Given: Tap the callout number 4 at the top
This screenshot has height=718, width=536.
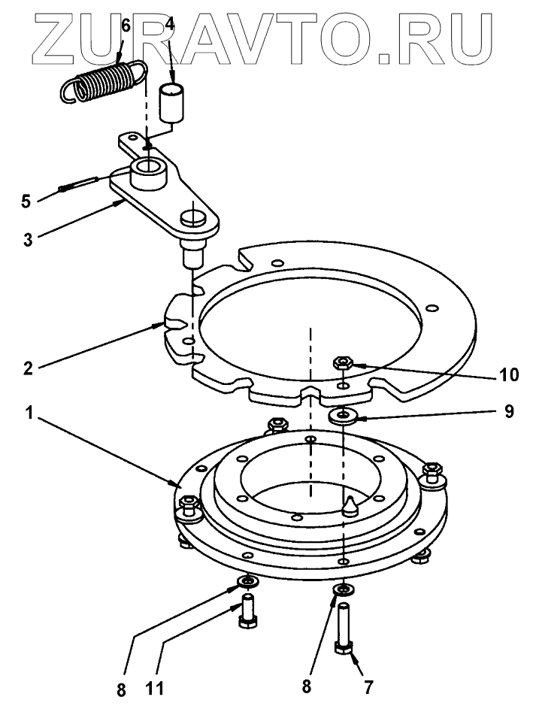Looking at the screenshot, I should tap(170, 24).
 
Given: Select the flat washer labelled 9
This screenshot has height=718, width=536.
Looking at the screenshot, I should tap(344, 415).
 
